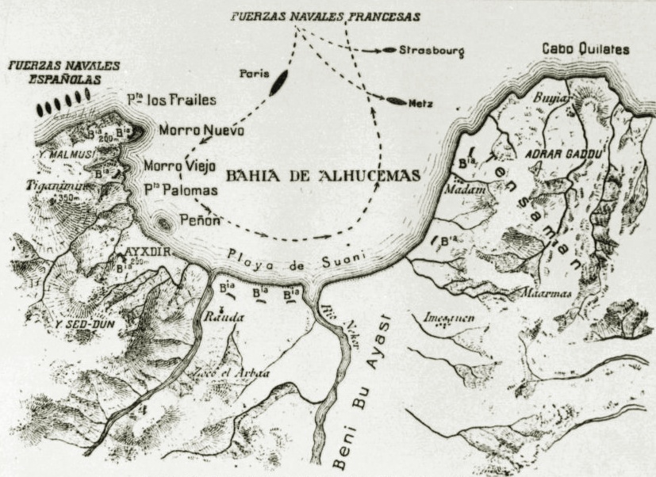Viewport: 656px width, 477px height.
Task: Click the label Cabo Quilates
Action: click(585, 49)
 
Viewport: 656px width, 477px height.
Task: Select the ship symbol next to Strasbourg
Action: click(389, 50)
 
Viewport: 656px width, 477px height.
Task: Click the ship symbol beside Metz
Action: click(397, 101)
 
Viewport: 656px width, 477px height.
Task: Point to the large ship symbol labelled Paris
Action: click(279, 82)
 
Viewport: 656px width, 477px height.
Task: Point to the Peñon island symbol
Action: click(165, 223)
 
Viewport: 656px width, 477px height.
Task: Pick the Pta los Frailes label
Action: click(171, 101)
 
